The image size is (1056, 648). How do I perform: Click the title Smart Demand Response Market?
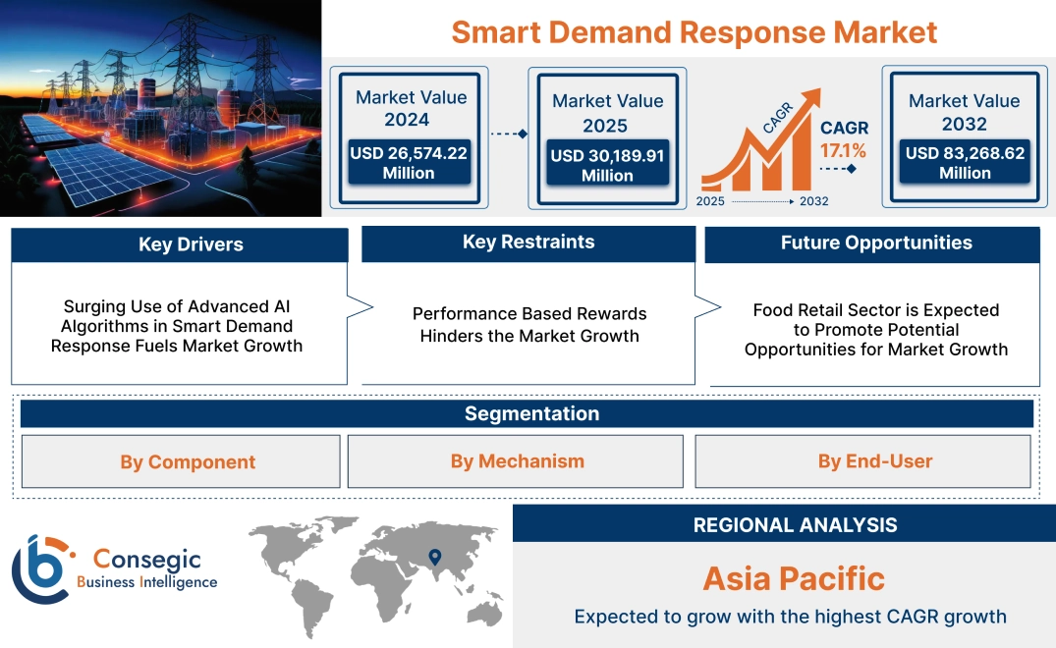coord(694,31)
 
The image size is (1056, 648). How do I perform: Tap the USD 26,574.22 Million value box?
coord(409,163)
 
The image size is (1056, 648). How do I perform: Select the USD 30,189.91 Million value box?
coord(607,165)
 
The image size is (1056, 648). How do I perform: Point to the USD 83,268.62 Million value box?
coord(965,163)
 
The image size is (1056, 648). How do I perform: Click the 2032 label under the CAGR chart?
coord(814,201)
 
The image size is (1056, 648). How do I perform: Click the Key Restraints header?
coord(528,243)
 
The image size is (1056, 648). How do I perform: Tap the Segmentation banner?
coord(531,413)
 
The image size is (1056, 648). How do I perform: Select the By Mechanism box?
coord(517,461)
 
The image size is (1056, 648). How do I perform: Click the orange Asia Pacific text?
coord(794,578)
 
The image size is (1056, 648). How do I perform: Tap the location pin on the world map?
coord(435,559)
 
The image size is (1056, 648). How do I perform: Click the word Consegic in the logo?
coord(146,560)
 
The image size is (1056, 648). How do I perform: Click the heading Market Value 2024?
coord(411,108)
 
